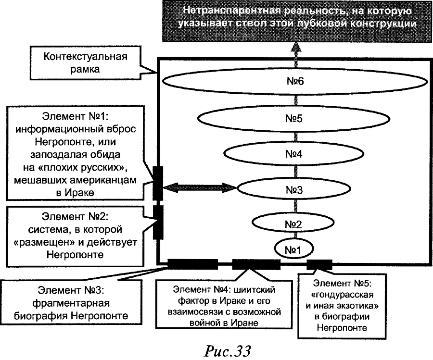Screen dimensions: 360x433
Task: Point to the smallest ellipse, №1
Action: [x=294, y=249]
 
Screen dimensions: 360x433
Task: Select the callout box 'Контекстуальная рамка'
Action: [x=87, y=63]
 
